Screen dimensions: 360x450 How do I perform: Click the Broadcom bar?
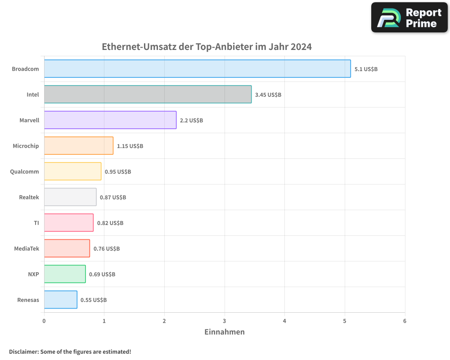[x=197, y=69]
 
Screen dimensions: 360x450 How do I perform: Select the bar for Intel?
[x=148, y=94]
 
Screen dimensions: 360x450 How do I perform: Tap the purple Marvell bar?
[x=110, y=120]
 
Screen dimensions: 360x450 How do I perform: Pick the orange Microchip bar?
[x=79, y=146]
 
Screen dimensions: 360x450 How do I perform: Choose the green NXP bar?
[x=65, y=274]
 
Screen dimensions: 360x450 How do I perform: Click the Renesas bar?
[x=61, y=300]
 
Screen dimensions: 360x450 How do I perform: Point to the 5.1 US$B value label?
[x=366, y=69]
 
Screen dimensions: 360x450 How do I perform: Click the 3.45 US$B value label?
[x=268, y=95]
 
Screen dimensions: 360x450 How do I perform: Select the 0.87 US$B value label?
[x=113, y=198]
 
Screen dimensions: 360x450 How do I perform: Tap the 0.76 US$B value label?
[x=107, y=249]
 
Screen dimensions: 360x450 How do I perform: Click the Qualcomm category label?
[x=24, y=172]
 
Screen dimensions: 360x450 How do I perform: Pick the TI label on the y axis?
[x=36, y=223]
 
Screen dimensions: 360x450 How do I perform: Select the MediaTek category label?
[x=27, y=249]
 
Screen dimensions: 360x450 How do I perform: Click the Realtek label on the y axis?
[x=29, y=198]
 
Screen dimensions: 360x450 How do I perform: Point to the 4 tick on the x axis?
[x=284, y=321]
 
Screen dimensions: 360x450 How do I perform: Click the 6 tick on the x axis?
[x=405, y=321]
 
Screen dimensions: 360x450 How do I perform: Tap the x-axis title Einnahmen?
[x=225, y=332]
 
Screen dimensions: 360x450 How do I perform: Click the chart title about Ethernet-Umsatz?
[x=207, y=47]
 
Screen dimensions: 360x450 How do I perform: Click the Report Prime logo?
[x=409, y=18]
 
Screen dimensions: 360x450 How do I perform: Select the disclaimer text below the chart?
[x=70, y=352]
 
